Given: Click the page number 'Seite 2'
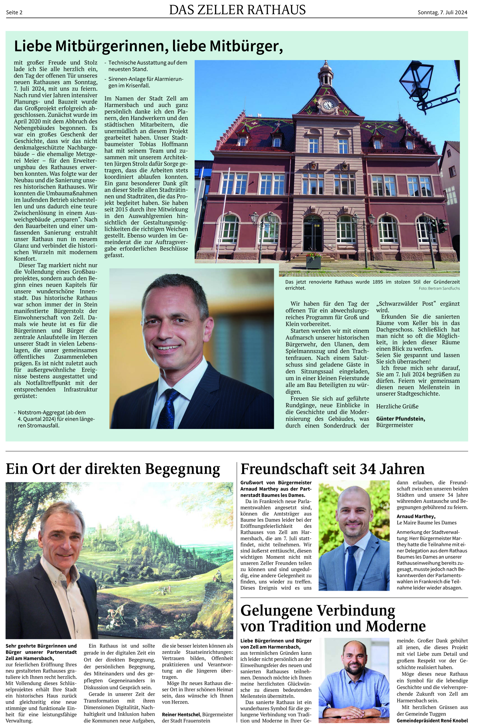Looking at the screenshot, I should (14, 13).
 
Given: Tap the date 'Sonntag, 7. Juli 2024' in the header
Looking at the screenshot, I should (442, 13).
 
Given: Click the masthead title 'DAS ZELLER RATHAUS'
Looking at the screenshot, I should (237, 10).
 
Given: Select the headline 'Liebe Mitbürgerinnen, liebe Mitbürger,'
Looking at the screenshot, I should (148, 46).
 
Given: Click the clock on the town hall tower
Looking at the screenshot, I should (328, 105).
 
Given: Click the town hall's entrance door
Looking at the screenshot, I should (313, 235).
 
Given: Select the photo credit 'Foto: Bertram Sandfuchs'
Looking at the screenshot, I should (439, 288).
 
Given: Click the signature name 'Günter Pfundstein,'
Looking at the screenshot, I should (400, 419).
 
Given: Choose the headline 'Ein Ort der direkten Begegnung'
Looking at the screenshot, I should (113, 469).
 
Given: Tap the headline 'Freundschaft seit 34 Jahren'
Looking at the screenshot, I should (332, 469).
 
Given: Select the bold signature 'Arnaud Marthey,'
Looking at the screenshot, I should (416, 516).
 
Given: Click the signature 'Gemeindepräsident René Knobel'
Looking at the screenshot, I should (432, 721).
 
